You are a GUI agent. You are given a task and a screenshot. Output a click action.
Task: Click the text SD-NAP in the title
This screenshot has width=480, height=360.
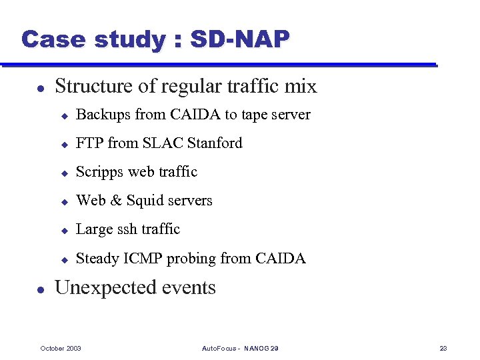click(240, 40)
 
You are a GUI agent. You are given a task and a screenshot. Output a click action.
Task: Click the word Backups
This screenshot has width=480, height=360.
click(103, 115)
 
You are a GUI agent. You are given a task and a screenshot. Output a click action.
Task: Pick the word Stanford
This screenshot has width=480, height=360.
click(215, 143)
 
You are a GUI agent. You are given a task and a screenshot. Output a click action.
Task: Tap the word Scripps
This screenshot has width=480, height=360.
click(100, 172)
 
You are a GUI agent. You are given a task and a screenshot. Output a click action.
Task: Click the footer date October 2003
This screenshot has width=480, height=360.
click(61, 349)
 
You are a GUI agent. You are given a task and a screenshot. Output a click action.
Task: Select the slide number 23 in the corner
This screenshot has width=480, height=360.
click(443, 349)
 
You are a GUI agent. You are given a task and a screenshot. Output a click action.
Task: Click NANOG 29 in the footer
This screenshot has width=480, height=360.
click(261, 349)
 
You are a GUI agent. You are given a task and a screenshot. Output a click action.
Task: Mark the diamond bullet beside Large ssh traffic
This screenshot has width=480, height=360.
click(65, 230)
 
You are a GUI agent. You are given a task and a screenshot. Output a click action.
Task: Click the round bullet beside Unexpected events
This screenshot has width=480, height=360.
click(40, 289)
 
